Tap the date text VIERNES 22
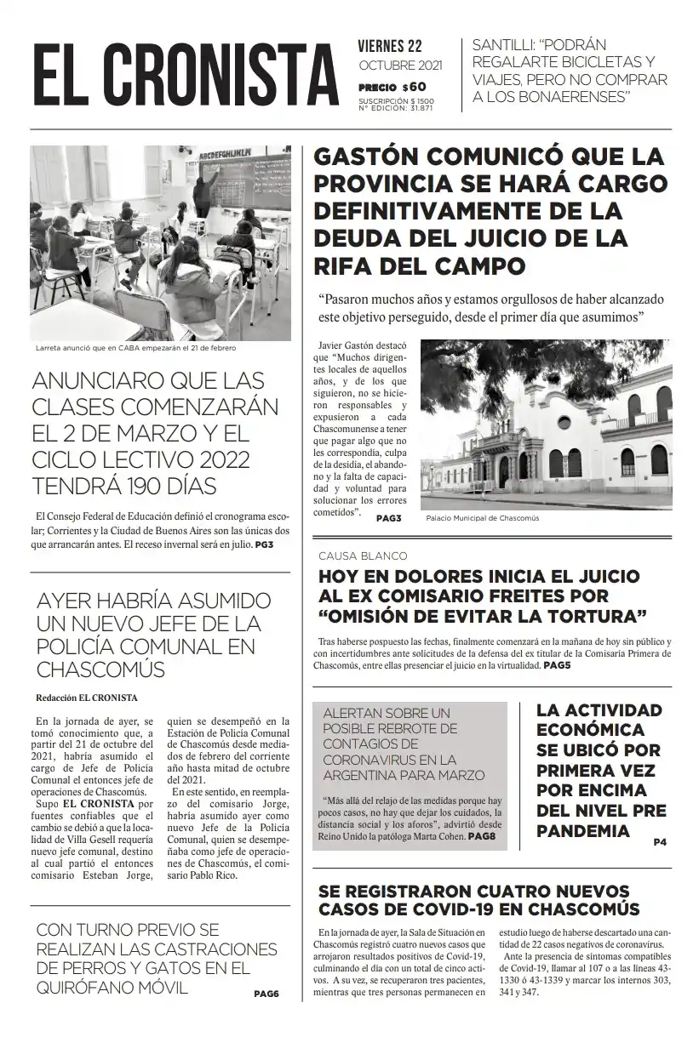click(390, 47)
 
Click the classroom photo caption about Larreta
click(136, 348)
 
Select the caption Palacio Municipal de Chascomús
click(482, 517)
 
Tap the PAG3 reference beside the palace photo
click(388, 518)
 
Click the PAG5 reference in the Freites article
click(557, 665)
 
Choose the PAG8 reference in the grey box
click(482, 837)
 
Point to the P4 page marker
click(660, 842)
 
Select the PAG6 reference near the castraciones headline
click(266, 994)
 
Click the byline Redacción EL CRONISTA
click(87, 698)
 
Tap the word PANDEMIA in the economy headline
click(584, 830)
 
